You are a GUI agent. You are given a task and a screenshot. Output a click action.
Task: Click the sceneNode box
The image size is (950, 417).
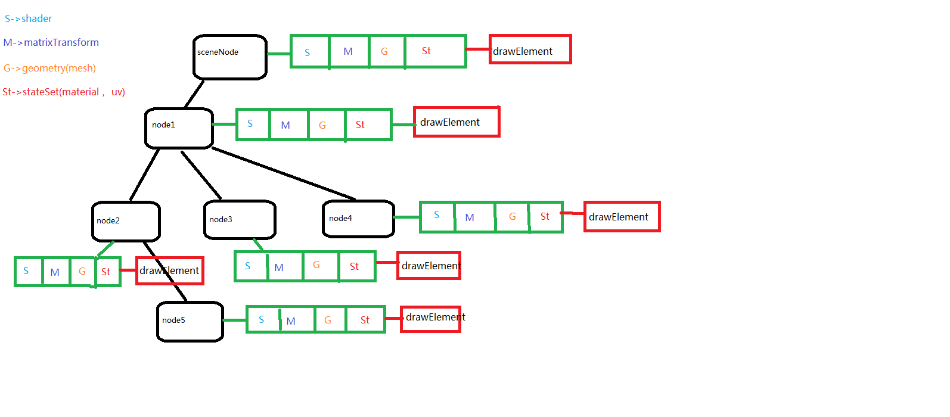(229, 57)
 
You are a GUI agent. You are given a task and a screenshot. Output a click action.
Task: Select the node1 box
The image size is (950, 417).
(179, 127)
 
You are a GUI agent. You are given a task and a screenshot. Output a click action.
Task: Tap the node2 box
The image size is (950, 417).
(126, 221)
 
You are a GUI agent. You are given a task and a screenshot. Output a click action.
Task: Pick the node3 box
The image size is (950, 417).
(240, 220)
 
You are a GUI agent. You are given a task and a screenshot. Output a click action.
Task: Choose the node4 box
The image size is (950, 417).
(358, 219)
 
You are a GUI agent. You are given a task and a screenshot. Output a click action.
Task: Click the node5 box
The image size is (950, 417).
(190, 321)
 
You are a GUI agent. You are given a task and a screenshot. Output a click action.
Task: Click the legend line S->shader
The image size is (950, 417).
(28, 18)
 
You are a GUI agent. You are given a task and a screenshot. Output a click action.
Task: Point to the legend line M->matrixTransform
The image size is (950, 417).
(51, 42)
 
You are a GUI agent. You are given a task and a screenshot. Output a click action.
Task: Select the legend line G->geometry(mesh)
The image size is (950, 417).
(49, 68)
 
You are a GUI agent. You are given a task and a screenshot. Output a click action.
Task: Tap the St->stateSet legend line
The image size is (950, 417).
(64, 92)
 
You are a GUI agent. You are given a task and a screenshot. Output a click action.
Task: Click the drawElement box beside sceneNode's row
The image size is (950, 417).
(530, 49)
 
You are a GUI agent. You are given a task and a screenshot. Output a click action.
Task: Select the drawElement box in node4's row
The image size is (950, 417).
(622, 217)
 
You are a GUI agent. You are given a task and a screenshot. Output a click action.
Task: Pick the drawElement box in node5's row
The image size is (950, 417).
(430, 319)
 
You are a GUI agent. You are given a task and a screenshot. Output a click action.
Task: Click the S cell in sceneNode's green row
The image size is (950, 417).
(309, 52)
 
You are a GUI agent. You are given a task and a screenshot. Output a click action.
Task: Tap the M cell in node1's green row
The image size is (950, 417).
(288, 125)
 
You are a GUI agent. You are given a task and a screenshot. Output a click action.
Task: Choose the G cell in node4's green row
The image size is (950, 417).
(512, 217)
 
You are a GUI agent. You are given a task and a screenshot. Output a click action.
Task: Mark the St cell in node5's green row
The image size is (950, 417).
(365, 320)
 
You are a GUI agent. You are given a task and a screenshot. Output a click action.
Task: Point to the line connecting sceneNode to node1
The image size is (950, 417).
(194, 94)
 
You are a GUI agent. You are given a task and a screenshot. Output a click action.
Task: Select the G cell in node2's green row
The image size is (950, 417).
(82, 272)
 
